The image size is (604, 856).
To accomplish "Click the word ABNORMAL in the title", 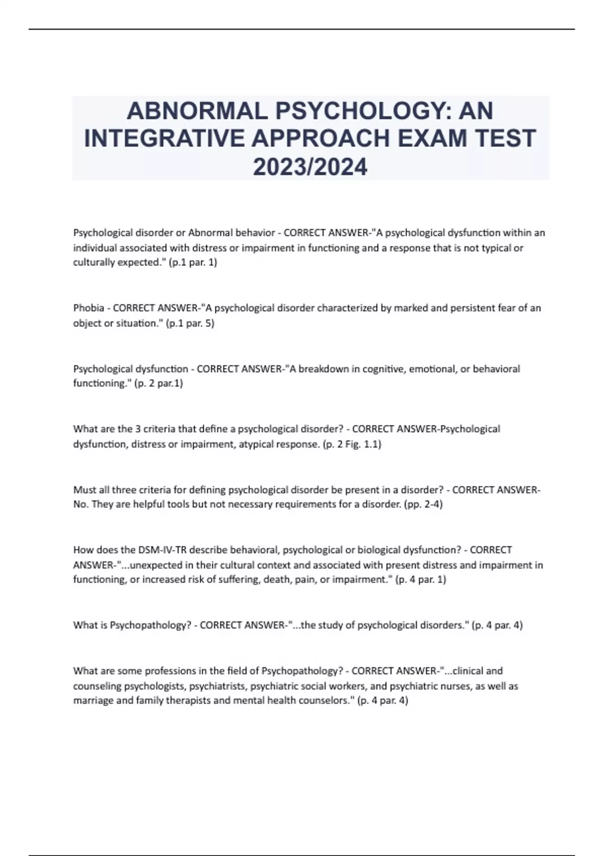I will [x=197, y=111].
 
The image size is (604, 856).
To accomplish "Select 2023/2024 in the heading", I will [x=310, y=167].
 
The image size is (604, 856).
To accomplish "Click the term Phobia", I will [x=89, y=308].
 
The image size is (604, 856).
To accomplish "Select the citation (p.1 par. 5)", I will [x=190, y=323].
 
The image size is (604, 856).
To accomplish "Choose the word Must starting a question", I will [x=84, y=489].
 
